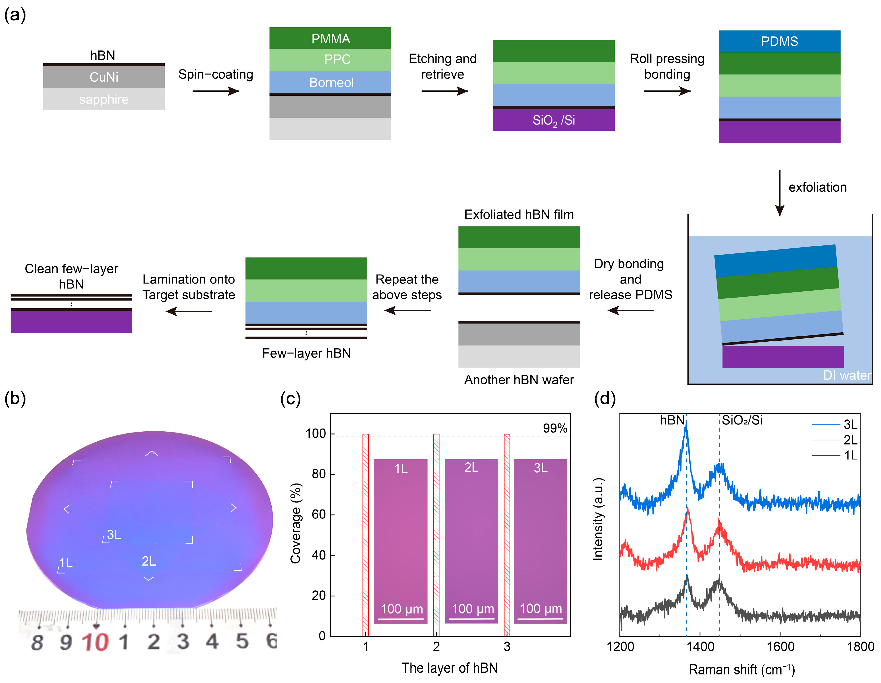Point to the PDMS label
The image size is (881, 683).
779,41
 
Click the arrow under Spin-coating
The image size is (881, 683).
216,91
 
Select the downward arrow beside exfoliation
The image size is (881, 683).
779,193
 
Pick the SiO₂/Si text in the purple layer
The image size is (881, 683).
553,120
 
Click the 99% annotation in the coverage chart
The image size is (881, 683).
555,428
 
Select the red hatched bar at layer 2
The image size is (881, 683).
436,535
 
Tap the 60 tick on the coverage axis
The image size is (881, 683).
319,514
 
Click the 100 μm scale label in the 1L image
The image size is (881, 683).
402,609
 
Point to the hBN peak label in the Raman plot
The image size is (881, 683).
672,420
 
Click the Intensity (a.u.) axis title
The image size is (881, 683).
597,519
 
